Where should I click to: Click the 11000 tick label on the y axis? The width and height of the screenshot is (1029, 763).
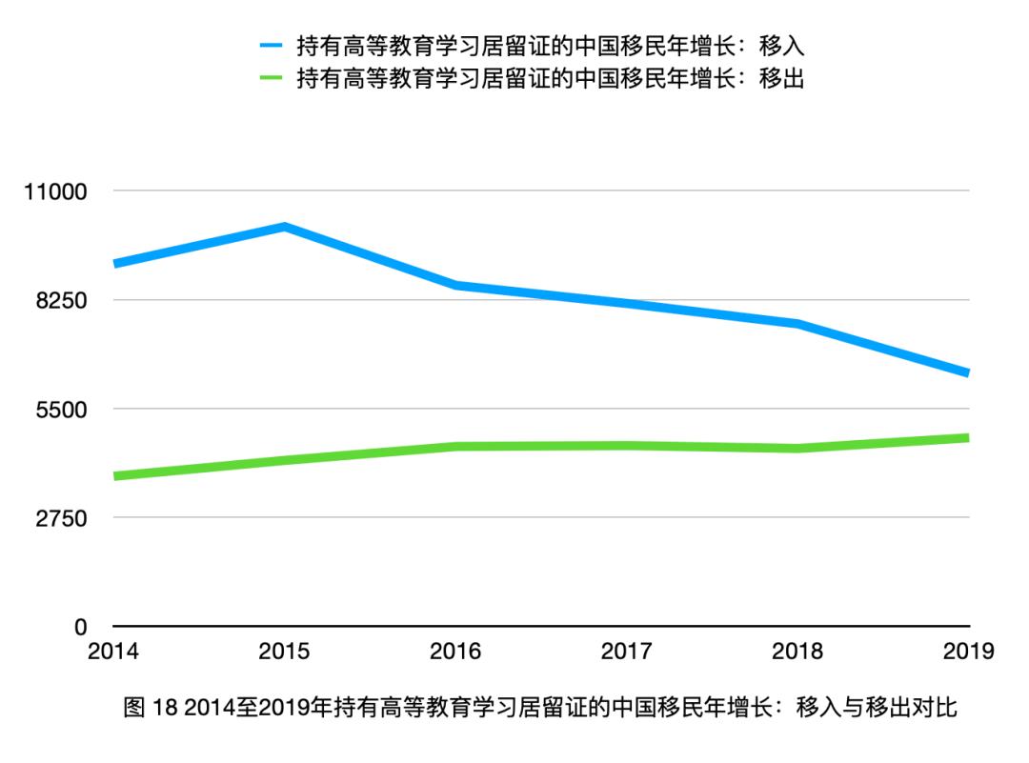[x=55, y=191]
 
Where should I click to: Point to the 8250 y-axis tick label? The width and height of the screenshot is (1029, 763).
[x=61, y=300]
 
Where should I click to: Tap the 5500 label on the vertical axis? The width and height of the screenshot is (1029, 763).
[x=61, y=410]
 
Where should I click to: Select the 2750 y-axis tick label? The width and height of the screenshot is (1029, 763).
[x=61, y=518]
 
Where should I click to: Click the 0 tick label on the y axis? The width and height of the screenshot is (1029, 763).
[x=81, y=628]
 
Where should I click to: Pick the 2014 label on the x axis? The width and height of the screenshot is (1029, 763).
[x=112, y=653]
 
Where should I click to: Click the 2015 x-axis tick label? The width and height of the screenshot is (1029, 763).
[x=284, y=653]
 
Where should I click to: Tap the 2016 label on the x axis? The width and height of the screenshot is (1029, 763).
[x=455, y=653]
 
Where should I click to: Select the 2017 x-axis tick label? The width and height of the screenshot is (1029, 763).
[x=627, y=653]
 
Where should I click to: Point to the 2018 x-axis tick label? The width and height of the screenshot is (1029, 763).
[x=798, y=653]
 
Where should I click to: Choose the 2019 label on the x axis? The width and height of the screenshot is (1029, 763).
[x=968, y=653]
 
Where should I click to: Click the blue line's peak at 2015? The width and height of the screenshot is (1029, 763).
[x=284, y=227]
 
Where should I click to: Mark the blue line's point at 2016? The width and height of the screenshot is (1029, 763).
[x=455, y=285]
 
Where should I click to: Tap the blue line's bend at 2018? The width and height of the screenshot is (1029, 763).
[x=798, y=324]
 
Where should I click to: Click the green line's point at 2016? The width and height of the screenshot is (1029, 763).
[x=455, y=446]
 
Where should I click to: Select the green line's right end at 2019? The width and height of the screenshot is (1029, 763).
[x=967, y=438]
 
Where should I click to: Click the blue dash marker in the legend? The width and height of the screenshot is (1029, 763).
[x=272, y=45]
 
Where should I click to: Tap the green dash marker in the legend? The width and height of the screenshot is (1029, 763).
[x=272, y=79]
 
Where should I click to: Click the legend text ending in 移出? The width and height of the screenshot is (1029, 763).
[x=551, y=79]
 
